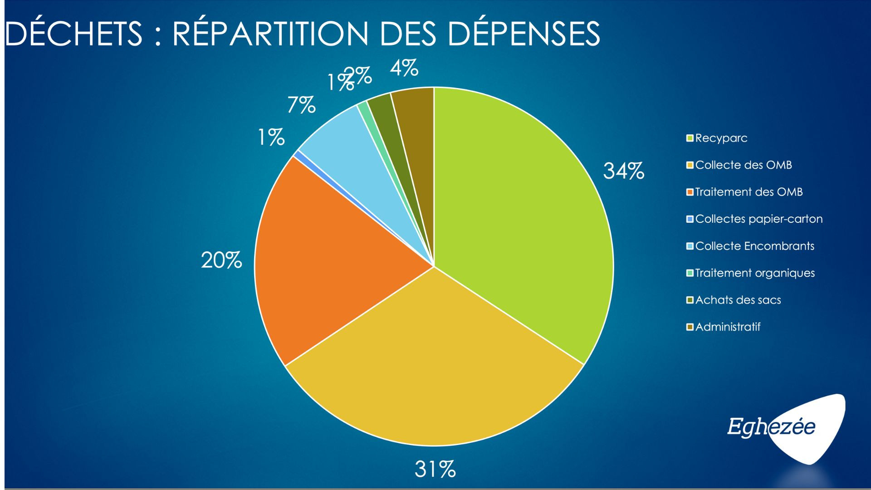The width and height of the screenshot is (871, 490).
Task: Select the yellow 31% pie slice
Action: (x=431, y=363)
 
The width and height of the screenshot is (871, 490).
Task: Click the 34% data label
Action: (x=623, y=171)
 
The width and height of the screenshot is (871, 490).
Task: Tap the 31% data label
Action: (x=435, y=469)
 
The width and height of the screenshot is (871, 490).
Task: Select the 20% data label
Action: (x=221, y=261)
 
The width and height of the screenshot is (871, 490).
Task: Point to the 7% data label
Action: (x=301, y=105)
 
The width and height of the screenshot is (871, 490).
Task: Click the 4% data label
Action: (x=404, y=69)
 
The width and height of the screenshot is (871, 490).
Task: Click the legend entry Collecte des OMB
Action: (x=743, y=165)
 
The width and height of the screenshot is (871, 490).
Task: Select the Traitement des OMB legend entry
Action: (x=749, y=192)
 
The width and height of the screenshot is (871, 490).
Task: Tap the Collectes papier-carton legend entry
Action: (x=758, y=219)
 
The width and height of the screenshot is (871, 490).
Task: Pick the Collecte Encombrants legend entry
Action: (x=754, y=246)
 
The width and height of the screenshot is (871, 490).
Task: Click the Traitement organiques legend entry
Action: (x=754, y=273)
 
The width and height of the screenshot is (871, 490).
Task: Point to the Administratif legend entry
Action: (x=727, y=327)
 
